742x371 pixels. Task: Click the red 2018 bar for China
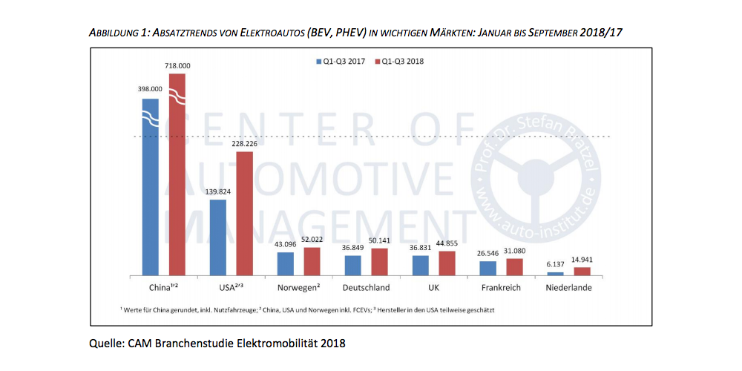pyautogui.click(x=177, y=178)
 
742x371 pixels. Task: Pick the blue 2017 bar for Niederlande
pyautogui.click(x=555, y=272)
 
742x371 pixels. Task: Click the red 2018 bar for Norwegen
pyautogui.click(x=312, y=260)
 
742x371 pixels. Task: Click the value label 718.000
pyautogui.click(x=178, y=65)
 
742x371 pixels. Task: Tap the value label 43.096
pyautogui.click(x=285, y=245)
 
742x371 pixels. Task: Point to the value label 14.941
pyautogui.click(x=582, y=260)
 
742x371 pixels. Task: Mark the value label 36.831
pyautogui.click(x=421, y=248)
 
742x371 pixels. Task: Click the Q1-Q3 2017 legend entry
pyautogui.click(x=340, y=61)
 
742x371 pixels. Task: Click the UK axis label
pyautogui.click(x=434, y=287)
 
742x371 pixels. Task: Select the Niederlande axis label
pyautogui.click(x=568, y=287)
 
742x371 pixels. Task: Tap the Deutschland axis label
pyautogui.click(x=367, y=287)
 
